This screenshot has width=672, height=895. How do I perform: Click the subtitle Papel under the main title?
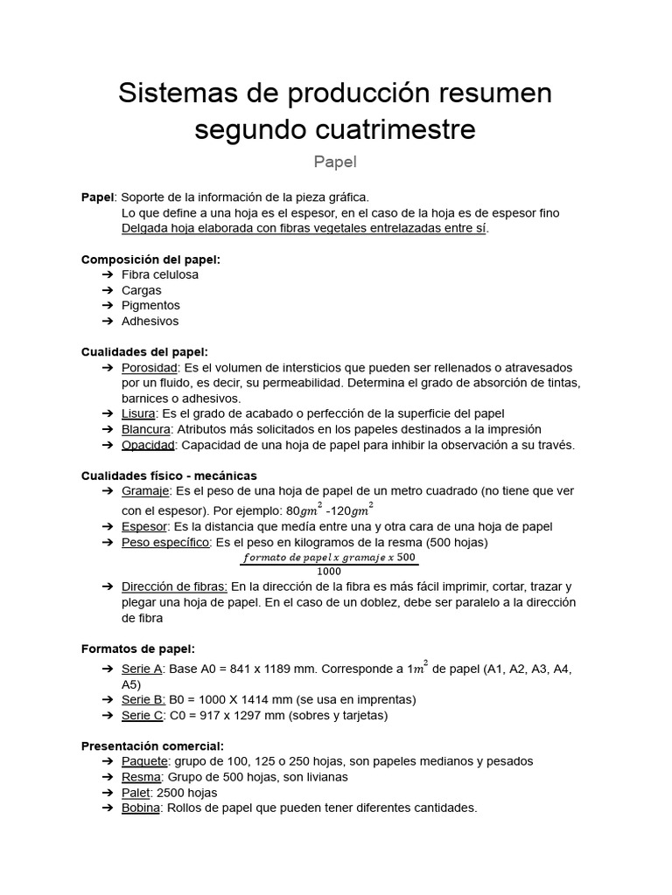coord(335,162)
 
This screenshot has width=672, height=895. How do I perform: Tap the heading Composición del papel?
coord(150,260)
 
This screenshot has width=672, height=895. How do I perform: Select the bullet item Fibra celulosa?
coord(160,274)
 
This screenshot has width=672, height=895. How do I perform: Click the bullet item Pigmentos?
coord(150,306)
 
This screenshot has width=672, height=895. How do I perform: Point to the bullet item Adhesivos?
coord(150,322)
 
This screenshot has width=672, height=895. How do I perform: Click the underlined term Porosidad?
coord(150,368)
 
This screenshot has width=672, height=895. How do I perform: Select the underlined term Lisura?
coord(138,413)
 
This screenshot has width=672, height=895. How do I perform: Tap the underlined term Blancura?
coord(145,429)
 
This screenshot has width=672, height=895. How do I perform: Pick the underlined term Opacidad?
coord(149,445)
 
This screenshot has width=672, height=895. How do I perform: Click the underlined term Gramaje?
coord(144,491)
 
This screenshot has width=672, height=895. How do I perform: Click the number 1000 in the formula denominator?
coord(329,571)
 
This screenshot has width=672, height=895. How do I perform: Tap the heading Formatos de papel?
coord(138,649)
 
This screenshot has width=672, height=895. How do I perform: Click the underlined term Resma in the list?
coord(141,777)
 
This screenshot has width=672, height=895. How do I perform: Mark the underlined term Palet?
coord(136,793)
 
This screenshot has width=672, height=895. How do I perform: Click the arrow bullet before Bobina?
coord(108,808)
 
